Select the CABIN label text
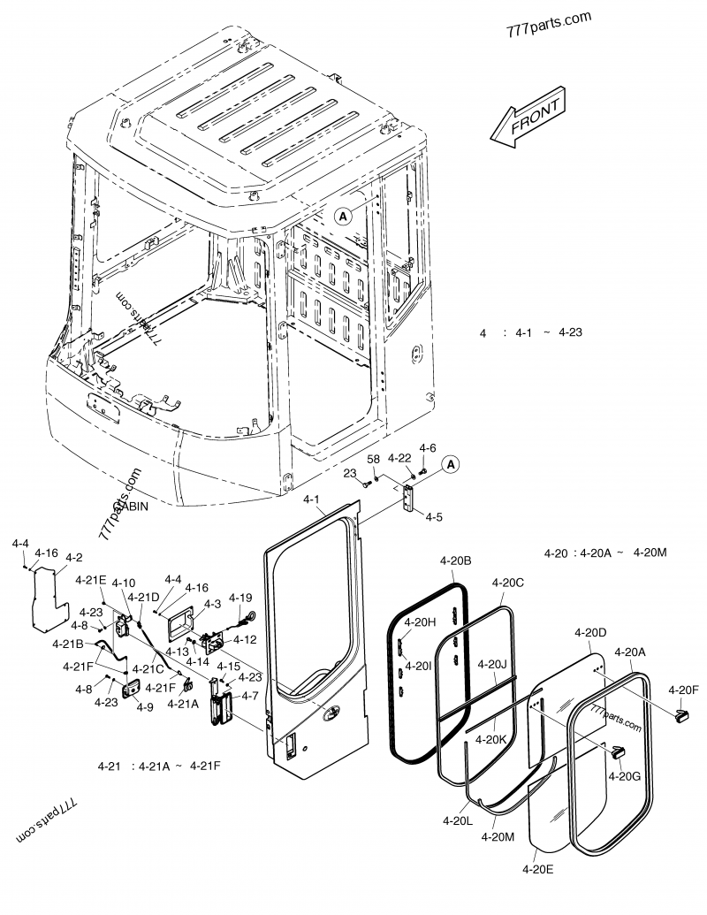pyautogui.click(x=130, y=507)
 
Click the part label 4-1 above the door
pyautogui.click(x=313, y=501)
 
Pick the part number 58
pyautogui.click(x=373, y=459)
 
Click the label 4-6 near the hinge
pyautogui.click(x=428, y=448)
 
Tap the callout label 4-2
pyautogui.click(x=74, y=557)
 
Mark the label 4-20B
pyautogui.click(x=455, y=560)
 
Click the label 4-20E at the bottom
pyautogui.click(x=537, y=870)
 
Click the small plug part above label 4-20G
pyautogui.click(x=616, y=752)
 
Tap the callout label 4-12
pyautogui.click(x=245, y=639)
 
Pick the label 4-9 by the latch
pyautogui.click(x=144, y=706)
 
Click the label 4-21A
pyautogui.click(x=182, y=704)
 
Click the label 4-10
pyautogui.click(x=124, y=583)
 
